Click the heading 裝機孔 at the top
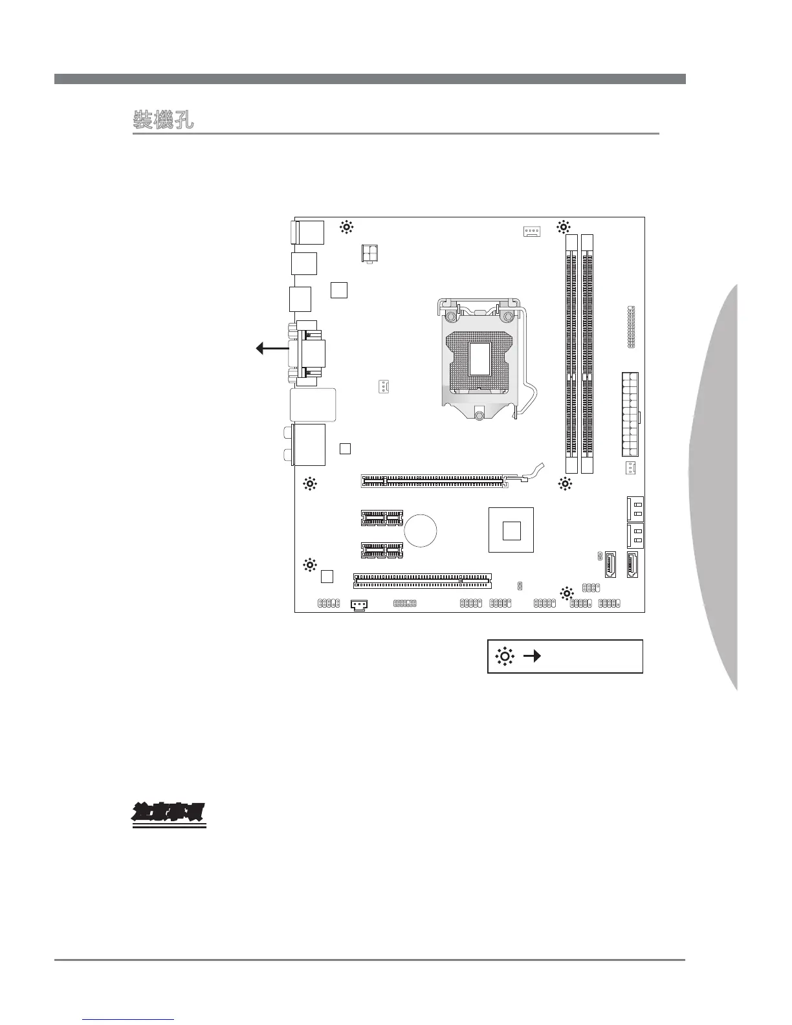click(x=163, y=120)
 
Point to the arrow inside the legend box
click(x=532, y=657)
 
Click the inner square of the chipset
click(x=511, y=530)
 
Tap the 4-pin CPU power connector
click(x=370, y=254)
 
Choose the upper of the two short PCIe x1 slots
click(x=382, y=518)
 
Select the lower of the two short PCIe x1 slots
click(x=382, y=550)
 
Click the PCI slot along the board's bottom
click(x=422, y=580)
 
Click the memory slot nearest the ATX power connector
click(x=588, y=354)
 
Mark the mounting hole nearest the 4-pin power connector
click(x=347, y=227)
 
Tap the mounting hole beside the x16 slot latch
click(x=565, y=483)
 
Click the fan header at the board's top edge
click(x=531, y=231)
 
